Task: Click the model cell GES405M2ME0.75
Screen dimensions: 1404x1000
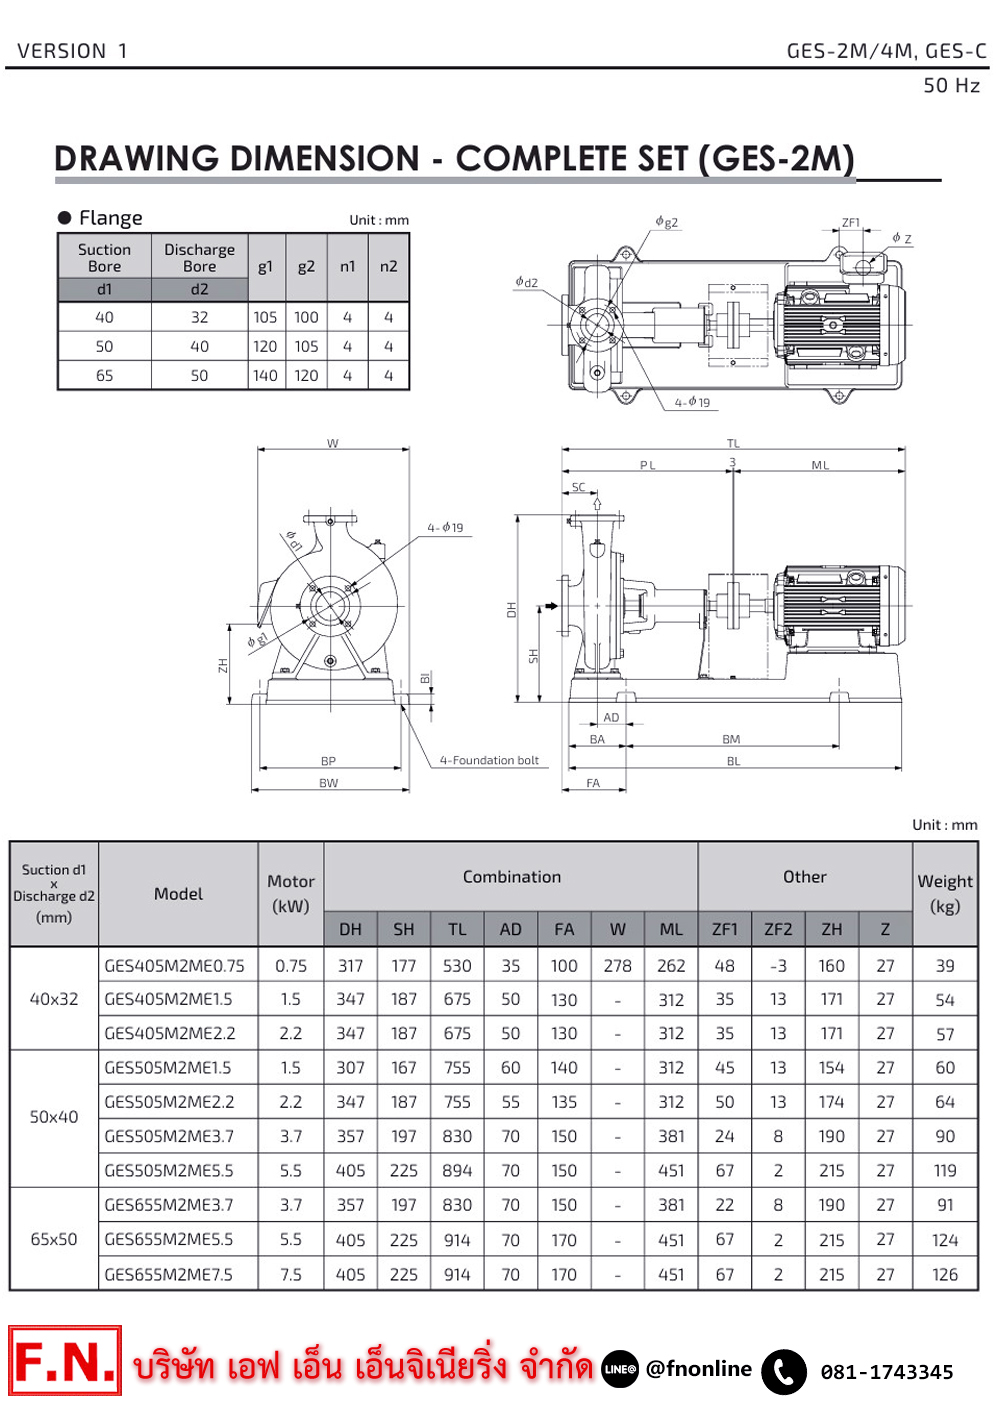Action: pyautogui.click(x=175, y=966)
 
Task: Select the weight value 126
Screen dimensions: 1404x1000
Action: pyautogui.click(x=945, y=1275)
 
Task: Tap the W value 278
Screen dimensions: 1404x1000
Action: pyautogui.click(x=618, y=966)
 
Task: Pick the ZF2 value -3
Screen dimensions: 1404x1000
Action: pyautogui.click(x=778, y=966)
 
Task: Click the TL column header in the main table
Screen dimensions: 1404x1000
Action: pyautogui.click(x=457, y=929)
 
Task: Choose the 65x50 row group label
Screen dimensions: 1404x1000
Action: pyautogui.click(x=54, y=1239)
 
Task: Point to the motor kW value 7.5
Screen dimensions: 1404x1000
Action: pyautogui.click(x=291, y=1275)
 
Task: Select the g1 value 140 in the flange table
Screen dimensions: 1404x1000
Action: pyautogui.click(x=265, y=376)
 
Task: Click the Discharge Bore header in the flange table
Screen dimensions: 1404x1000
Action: pyautogui.click(x=200, y=257)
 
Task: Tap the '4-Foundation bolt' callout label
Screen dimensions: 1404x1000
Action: pyautogui.click(x=489, y=761)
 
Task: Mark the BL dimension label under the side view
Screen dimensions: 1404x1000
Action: pyautogui.click(x=734, y=762)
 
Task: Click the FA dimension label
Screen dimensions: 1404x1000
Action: pyautogui.click(x=593, y=783)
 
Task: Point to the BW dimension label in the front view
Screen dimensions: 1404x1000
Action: pyautogui.click(x=329, y=783)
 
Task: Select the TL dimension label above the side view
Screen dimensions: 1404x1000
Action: pyautogui.click(x=733, y=443)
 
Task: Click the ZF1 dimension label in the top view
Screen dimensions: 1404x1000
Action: pyautogui.click(x=851, y=223)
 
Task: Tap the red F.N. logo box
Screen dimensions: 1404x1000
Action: pyautogui.click(x=65, y=1361)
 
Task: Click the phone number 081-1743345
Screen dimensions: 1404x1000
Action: pyautogui.click(x=887, y=1372)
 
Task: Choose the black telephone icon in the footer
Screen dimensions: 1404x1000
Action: pyautogui.click(x=784, y=1372)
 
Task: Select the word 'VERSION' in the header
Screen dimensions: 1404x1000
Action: pyautogui.click(x=62, y=51)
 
